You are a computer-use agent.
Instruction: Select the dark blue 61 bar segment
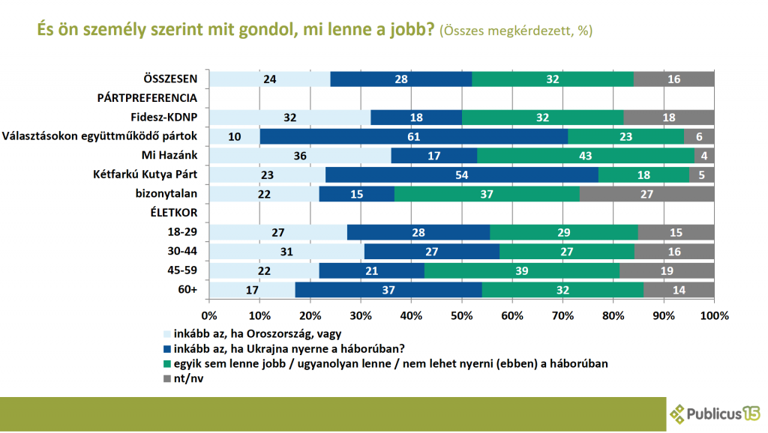pyautogui.click(x=414, y=136)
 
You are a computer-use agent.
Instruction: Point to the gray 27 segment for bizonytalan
pyautogui.click(x=647, y=193)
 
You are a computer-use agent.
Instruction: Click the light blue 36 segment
pyautogui.click(x=300, y=155)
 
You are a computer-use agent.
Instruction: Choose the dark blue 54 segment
pyautogui.click(x=461, y=175)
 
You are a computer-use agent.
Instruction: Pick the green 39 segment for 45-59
pyautogui.click(x=522, y=270)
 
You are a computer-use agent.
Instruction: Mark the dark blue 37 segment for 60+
pyautogui.click(x=388, y=289)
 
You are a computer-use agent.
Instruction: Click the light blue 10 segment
pyautogui.click(x=234, y=136)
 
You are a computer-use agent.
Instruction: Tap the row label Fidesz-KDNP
pyautogui.click(x=163, y=116)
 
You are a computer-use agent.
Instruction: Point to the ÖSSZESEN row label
pyautogui.click(x=171, y=78)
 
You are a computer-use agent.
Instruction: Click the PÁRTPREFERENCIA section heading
pyautogui.click(x=147, y=97)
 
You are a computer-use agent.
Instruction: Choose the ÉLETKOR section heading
pyautogui.click(x=175, y=213)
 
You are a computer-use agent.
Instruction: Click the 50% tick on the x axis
pyautogui.click(x=461, y=315)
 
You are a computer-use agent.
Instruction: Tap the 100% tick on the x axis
pyautogui.click(x=713, y=315)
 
